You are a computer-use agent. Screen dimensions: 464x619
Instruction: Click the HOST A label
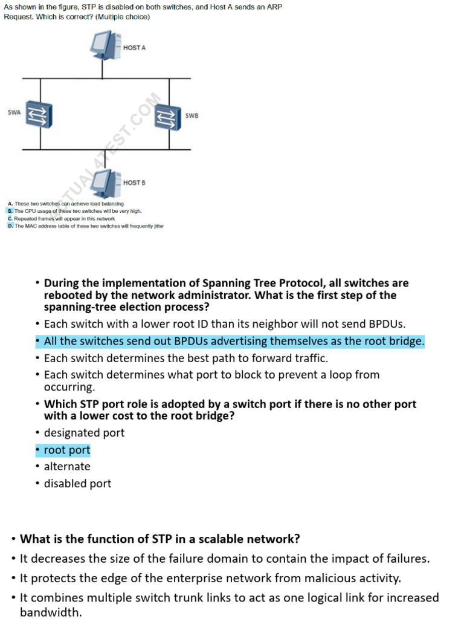click(x=134, y=47)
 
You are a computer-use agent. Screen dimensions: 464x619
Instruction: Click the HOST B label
click(x=134, y=182)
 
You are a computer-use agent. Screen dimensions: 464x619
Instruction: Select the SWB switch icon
click(x=167, y=116)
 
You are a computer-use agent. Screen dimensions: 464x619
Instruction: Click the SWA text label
click(x=14, y=112)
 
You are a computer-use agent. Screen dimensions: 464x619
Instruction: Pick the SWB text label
click(x=192, y=115)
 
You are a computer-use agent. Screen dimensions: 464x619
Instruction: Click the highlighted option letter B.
click(x=10, y=211)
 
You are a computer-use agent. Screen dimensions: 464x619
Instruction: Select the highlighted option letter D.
click(x=10, y=225)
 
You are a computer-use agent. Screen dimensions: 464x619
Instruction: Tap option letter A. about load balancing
click(x=10, y=204)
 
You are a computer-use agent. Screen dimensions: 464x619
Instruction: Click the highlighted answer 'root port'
click(x=66, y=450)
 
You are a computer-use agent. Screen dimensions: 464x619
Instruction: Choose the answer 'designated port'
click(x=84, y=433)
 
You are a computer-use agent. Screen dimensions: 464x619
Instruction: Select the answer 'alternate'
click(x=67, y=467)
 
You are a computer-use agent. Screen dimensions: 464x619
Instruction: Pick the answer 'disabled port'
click(x=77, y=484)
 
